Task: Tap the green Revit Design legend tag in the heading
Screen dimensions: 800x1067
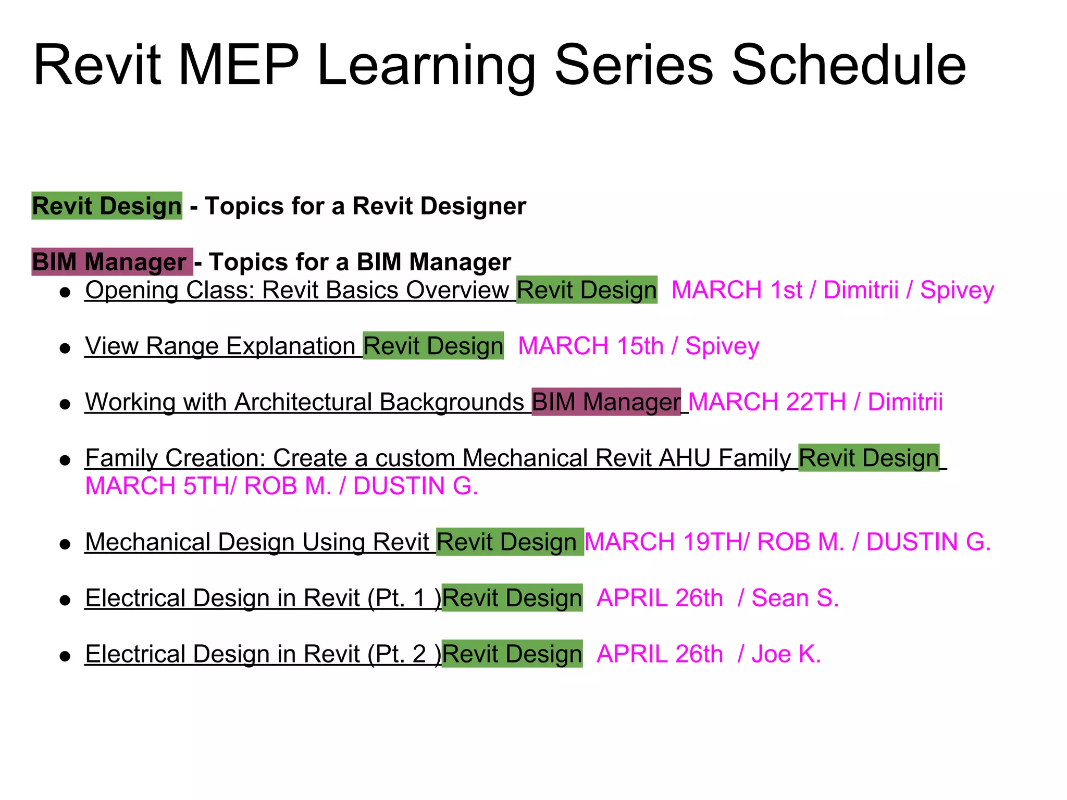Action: click(x=107, y=206)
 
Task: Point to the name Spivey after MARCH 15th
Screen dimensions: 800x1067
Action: click(x=722, y=346)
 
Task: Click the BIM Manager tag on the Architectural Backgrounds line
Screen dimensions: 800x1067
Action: click(x=606, y=402)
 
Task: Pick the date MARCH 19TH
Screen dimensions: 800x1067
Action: click(x=664, y=542)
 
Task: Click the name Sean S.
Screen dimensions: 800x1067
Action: click(x=795, y=598)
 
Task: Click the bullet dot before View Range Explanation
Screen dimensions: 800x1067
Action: click(x=65, y=348)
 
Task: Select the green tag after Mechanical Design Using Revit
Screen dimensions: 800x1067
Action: click(x=510, y=542)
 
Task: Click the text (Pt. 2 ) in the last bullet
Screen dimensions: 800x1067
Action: click(x=404, y=654)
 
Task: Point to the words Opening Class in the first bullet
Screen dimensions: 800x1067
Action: click(x=169, y=290)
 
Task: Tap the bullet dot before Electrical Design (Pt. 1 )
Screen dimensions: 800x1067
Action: click(x=65, y=600)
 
